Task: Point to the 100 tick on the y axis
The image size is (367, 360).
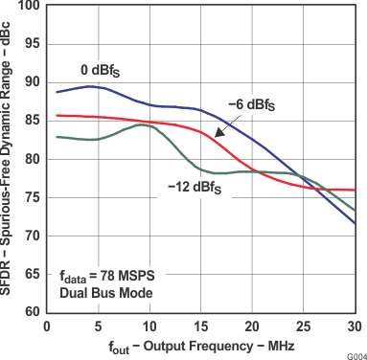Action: [29, 7]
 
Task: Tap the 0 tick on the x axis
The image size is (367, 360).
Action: [47, 326]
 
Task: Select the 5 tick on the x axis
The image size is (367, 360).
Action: [98, 326]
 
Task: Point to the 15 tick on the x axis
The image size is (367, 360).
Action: [200, 326]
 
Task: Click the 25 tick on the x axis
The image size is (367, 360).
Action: [303, 326]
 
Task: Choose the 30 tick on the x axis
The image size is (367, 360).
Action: [354, 326]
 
